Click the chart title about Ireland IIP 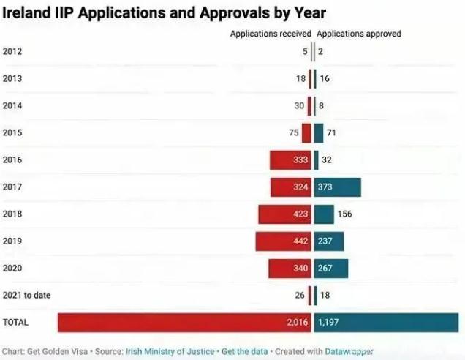click(x=165, y=13)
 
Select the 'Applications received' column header click(x=271, y=34)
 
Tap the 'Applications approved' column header click(x=359, y=34)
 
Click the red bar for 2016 click(x=290, y=160)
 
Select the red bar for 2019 click(x=284, y=241)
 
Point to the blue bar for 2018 click(x=324, y=214)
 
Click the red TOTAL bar click(x=185, y=323)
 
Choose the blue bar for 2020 click(x=331, y=269)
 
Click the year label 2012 click(x=12, y=51)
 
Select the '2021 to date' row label click(x=26, y=295)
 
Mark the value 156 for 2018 click(x=344, y=214)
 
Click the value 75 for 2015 click(x=293, y=132)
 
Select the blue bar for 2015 click(x=319, y=132)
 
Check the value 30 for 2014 click(x=299, y=105)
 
